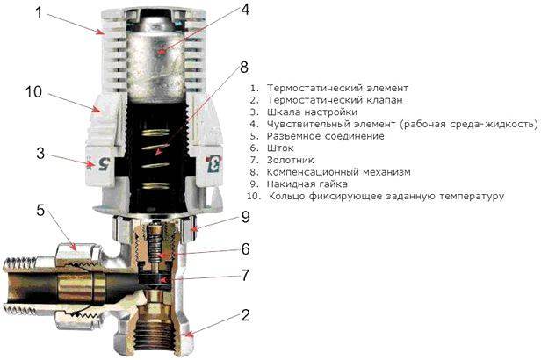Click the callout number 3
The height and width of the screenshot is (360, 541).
(40, 153)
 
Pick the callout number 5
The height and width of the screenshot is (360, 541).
(40, 211)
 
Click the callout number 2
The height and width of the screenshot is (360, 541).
(245, 314)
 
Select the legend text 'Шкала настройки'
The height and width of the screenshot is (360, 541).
(309, 112)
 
